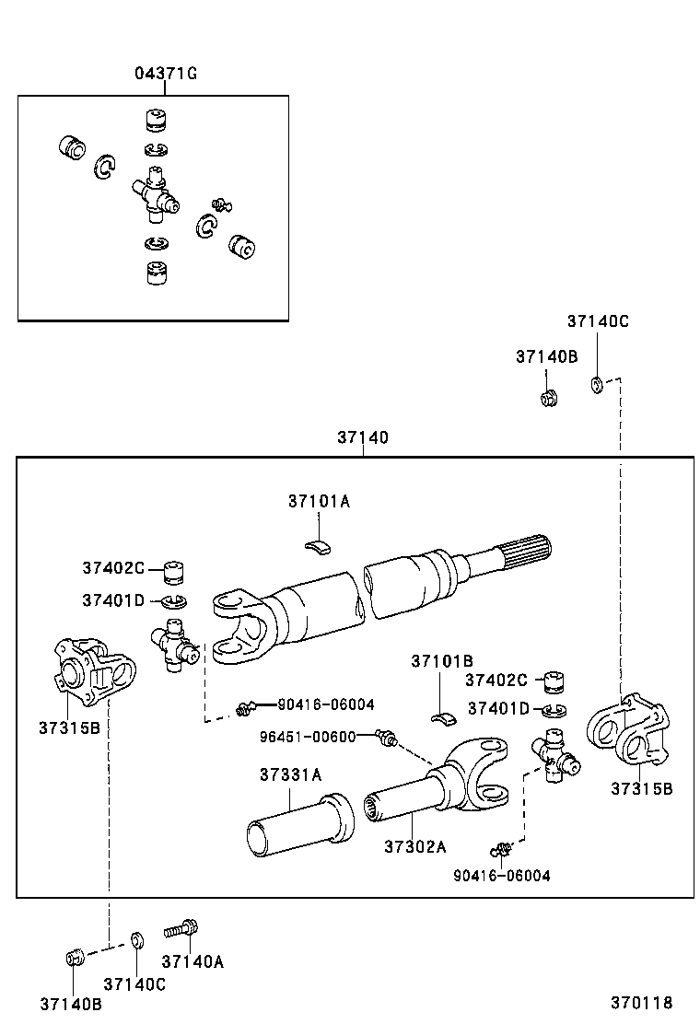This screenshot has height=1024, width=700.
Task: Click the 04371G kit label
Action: point(166,75)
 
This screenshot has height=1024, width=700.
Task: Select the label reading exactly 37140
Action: point(362,438)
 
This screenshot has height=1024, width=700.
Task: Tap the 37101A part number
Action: point(319,502)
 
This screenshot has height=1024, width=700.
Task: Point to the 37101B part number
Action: point(442,661)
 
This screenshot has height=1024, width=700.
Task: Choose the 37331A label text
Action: point(290,774)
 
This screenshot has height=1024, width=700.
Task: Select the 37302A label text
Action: point(414,846)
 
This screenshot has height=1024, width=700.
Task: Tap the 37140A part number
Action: point(192,961)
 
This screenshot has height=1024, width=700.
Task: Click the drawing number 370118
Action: point(640,1003)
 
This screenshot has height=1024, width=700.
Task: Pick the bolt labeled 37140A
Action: point(182,929)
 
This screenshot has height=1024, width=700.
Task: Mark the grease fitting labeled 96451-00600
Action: point(387,738)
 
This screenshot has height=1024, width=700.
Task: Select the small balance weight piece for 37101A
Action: point(318,547)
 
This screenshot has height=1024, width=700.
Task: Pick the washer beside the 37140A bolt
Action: point(136,939)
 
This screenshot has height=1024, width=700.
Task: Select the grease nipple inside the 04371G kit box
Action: point(220,204)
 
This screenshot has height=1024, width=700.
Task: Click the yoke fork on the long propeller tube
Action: point(239,627)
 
